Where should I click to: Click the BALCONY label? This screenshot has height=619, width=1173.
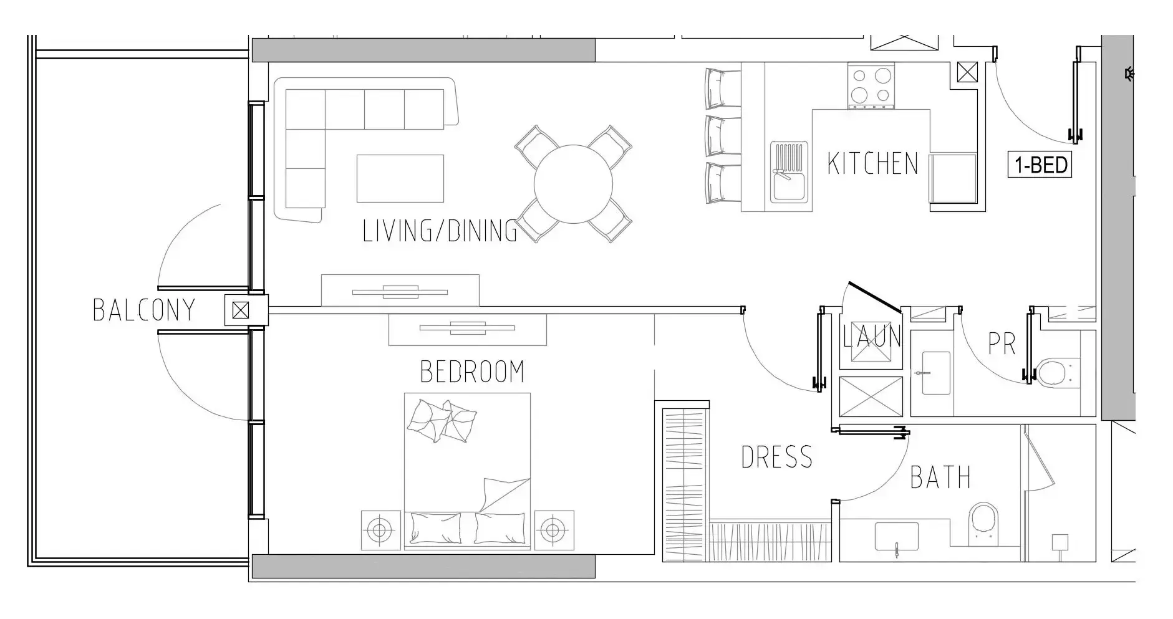(x=144, y=310)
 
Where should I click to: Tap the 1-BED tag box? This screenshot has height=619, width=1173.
(x=1040, y=165)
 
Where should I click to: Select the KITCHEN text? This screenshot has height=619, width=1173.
(x=872, y=164)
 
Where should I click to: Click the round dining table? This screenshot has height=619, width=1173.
(x=573, y=185)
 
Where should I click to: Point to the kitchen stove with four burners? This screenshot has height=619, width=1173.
(x=871, y=85)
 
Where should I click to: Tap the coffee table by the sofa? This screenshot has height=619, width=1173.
(x=400, y=179)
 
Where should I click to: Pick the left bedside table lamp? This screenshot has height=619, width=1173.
(x=380, y=530)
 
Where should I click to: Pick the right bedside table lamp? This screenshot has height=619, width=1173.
(x=553, y=530)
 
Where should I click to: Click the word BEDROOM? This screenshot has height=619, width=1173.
(x=472, y=372)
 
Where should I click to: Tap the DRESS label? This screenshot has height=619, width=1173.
(x=777, y=458)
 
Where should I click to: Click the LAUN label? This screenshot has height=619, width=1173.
(x=872, y=337)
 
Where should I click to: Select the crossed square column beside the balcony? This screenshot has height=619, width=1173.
(x=241, y=310)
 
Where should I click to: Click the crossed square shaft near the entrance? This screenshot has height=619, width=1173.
(x=967, y=73)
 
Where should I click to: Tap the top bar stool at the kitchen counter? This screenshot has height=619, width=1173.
(x=722, y=88)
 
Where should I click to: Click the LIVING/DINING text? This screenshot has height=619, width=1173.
(x=440, y=231)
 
